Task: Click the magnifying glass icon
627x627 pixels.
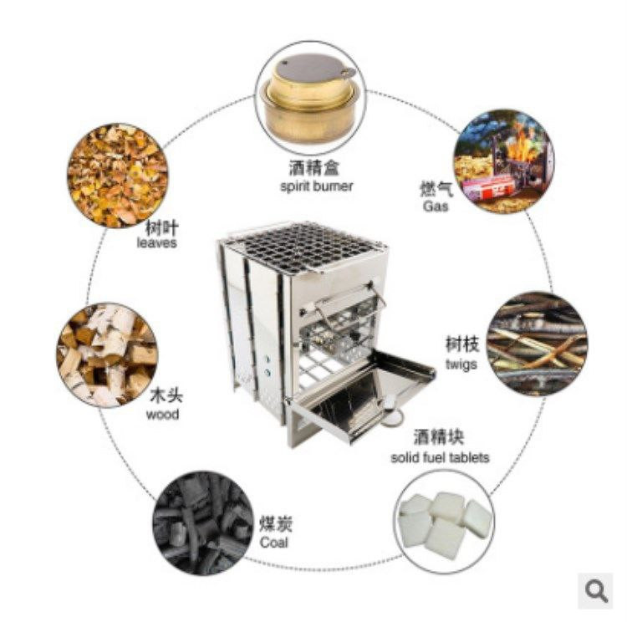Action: coord(596,590)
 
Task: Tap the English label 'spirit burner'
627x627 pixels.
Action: coord(316,186)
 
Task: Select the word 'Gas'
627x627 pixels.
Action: coord(436,206)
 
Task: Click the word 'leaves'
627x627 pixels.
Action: coord(157,242)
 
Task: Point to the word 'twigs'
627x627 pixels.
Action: coord(461,364)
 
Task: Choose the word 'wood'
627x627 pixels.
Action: coord(162,415)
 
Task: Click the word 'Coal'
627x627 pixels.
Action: coord(274,543)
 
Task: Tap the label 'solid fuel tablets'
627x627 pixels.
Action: coord(440,457)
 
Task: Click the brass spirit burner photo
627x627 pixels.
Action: coord(311,99)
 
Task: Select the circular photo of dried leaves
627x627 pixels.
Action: coord(117,176)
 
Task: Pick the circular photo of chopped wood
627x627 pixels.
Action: coord(107,355)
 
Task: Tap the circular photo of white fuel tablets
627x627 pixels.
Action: coord(444,522)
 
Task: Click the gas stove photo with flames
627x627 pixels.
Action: coord(505,161)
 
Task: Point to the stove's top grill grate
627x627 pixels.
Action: coord(306,248)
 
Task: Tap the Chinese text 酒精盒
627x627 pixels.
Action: coord(314,168)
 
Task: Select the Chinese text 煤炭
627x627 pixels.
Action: coord(276,524)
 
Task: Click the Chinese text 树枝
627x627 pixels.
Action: coord(462,344)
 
